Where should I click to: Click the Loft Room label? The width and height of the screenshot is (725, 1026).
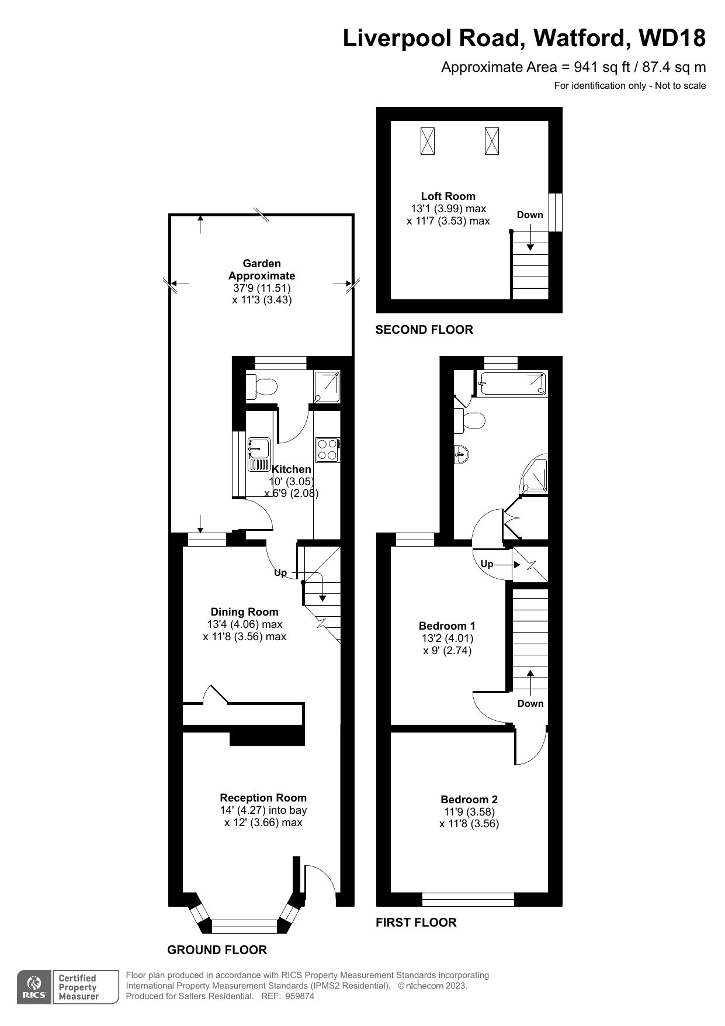pyautogui.click(x=448, y=196)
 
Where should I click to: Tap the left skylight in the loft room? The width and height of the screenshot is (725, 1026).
pyautogui.click(x=428, y=141)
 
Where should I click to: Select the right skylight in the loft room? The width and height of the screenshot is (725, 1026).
pyautogui.click(x=492, y=141)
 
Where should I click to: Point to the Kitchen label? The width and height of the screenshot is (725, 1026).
pyautogui.click(x=292, y=469)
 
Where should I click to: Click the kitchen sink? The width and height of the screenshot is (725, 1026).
pyautogui.click(x=258, y=454)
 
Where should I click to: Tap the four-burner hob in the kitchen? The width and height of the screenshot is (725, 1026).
pyautogui.click(x=328, y=450)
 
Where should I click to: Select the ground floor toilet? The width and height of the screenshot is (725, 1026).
pyautogui.click(x=262, y=387)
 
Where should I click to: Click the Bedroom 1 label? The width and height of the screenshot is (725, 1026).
pyautogui.click(x=448, y=626)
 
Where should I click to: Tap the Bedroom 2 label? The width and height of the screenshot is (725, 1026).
pyautogui.click(x=469, y=800)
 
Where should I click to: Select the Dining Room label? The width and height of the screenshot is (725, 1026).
pyautogui.click(x=244, y=612)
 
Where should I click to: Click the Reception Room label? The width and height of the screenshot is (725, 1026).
pyautogui.click(x=263, y=798)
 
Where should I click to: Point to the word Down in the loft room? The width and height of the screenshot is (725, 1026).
pyautogui.click(x=530, y=215)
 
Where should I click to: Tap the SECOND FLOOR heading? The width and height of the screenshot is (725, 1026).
pyautogui.click(x=424, y=330)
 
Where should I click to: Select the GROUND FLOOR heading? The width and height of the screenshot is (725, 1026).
pyautogui.click(x=217, y=950)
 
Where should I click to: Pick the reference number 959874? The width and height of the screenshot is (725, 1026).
pyautogui.click(x=300, y=996)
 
